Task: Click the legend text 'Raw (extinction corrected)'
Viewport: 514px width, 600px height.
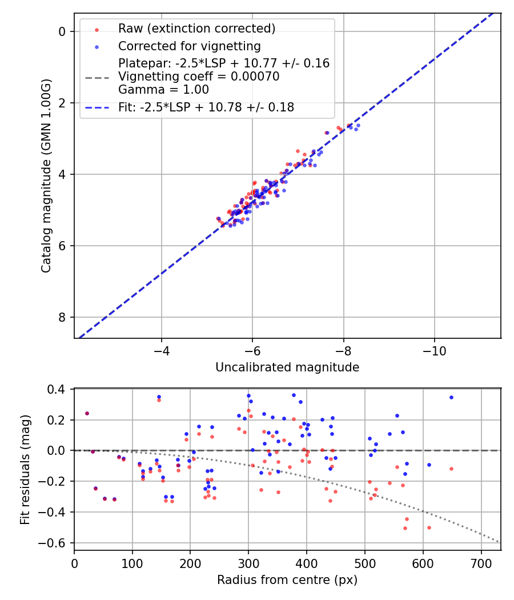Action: (x=196, y=29)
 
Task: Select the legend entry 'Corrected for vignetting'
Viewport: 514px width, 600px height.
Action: (x=189, y=46)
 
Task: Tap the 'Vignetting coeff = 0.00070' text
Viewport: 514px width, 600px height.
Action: (x=199, y=77)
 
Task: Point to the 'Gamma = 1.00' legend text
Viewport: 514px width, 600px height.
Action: (x=163, y=90)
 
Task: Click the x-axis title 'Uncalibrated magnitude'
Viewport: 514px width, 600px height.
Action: (x=287, y=367)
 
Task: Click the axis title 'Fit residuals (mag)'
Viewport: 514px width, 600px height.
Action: (x=25, y=470)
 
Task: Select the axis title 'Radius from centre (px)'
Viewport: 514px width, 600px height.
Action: (x=287, y=580)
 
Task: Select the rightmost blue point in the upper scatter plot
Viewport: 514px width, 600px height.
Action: (x=358, y=125)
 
